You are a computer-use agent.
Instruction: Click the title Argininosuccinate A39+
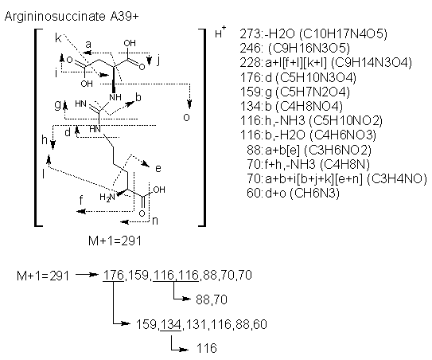72,17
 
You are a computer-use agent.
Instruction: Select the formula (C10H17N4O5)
343,34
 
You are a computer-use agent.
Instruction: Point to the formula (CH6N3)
314,193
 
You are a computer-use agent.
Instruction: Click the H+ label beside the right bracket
220,32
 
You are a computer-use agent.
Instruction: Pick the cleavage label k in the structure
58,38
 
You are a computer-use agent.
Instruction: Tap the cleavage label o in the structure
186,117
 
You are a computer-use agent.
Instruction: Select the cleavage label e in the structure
158,168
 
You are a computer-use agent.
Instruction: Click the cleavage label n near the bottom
155,221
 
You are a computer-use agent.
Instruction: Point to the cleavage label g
57,105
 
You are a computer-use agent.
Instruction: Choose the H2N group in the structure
107,197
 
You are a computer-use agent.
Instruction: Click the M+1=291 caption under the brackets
115,241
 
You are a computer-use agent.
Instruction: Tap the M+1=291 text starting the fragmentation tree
43,276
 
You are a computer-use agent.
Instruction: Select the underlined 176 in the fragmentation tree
113,275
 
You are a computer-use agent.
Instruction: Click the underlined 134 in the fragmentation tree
171,324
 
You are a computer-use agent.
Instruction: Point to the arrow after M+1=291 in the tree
87,275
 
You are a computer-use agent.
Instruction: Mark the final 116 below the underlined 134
207,348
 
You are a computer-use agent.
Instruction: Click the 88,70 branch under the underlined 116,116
212,299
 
